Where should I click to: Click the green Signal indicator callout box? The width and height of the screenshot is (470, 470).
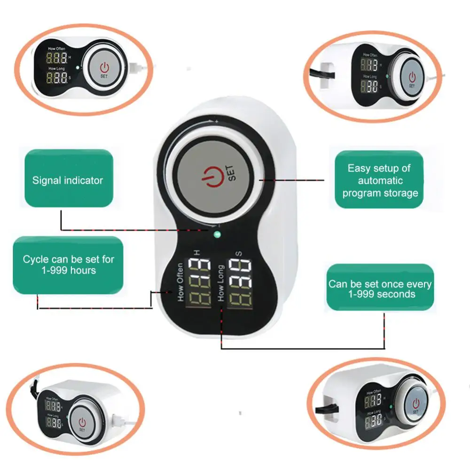point(68,179)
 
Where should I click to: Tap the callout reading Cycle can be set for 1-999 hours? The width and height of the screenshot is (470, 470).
point(68,265)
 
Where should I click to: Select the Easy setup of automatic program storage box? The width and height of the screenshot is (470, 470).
point(379,180)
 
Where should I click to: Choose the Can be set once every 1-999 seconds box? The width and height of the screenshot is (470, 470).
point(379,288)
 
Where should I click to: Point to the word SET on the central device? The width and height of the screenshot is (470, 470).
point(233,173)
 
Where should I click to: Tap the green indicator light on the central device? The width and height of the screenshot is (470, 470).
point(217,235)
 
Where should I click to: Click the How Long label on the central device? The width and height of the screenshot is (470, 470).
point(220,283)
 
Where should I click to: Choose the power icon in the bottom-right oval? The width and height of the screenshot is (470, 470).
point(416,403)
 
